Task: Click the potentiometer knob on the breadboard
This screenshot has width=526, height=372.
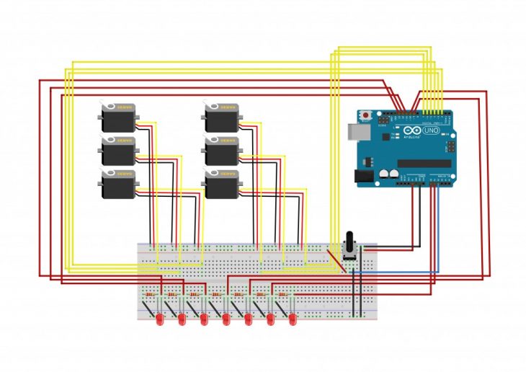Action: [352, 242]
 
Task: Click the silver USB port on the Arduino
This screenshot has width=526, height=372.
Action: [354, 131]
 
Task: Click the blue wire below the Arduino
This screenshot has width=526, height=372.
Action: [404, 271]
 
